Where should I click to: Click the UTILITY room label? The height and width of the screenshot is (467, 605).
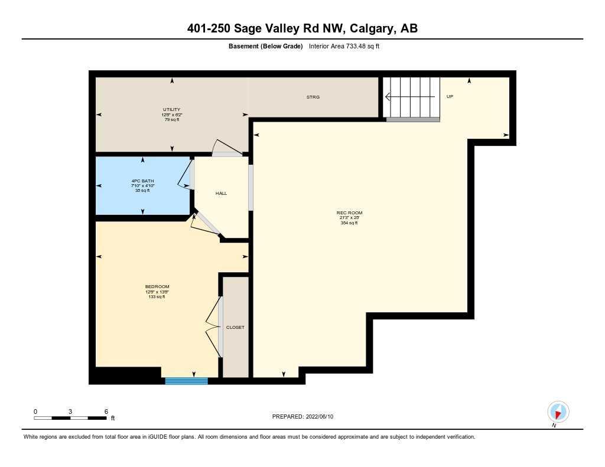(171, 110)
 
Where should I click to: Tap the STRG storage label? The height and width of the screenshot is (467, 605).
(313, 97)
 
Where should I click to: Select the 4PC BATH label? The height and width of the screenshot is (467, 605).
(142, 181)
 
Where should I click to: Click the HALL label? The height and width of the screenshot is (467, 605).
(221, 193)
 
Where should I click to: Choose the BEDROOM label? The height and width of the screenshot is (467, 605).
(157, 287)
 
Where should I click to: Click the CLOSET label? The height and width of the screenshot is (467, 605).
(235, 327)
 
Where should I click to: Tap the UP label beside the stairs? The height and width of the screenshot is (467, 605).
(450, 96)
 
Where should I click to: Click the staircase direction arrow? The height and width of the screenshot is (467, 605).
(411, 96)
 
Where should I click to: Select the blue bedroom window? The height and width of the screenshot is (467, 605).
(186, 381)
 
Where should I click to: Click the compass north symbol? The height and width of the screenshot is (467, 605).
(558, 412)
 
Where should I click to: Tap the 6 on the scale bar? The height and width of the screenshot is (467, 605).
(106, 411)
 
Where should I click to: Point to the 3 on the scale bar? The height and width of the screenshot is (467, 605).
(70, 411)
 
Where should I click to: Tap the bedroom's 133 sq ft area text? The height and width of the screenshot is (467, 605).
(157, 297)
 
